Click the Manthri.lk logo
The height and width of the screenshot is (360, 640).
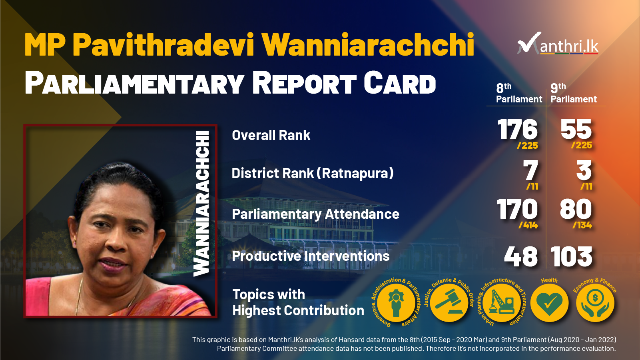[x=558, y=44]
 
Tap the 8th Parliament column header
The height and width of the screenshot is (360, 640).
[x=519, y=93]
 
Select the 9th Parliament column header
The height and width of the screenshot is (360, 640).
[x=573, y=93]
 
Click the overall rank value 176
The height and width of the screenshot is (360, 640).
[x=517, y=129]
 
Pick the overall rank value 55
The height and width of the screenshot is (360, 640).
[x=576, y=129]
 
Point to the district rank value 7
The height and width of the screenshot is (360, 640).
[x=531, y=170]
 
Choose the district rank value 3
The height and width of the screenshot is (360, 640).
[x=584, y=170]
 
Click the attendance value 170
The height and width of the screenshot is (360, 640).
[x=517, y=209]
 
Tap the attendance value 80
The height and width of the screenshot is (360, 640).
[x=576, y=209]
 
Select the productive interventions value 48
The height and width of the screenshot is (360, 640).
[x=521, y=256]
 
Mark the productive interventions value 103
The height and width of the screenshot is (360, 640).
[x=571, y=256]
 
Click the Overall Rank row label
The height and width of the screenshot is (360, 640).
[x=271, y=135]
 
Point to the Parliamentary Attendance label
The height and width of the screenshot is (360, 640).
[x=315, y=214]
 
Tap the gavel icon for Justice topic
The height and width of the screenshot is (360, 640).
[x=449, y=302]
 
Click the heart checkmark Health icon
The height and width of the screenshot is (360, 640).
[x=549, y=302]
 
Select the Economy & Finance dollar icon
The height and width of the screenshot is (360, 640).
[x=595, y=302]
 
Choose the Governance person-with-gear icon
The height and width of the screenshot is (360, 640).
[x=396, y=302]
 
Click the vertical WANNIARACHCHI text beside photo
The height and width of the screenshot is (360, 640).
[x=201, y=204]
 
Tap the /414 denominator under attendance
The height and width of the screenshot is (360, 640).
[x=528, y=225]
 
